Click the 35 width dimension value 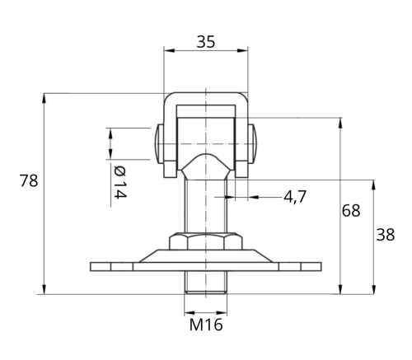tap(206, 42)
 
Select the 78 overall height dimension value tap(29, 181)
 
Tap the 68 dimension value tap(351, 211)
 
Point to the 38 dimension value tap(385, 235)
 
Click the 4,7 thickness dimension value tap(295, 197)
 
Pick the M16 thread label tap(206, 325)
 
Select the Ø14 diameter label tap(120, 182)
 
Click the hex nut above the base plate tap(206, 241)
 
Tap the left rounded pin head tap(159, 144)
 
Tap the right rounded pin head tap(253, 144)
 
